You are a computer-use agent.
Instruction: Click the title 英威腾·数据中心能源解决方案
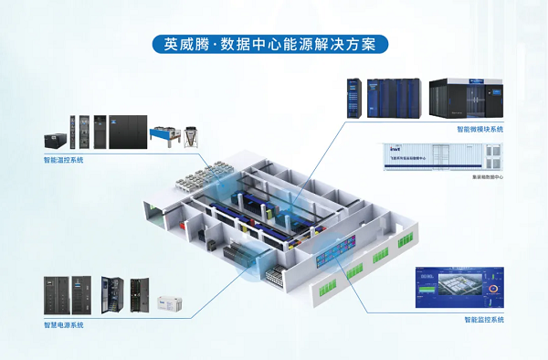pos(274,44)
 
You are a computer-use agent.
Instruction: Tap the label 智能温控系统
pos(63,160)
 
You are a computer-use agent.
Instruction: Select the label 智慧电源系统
pos(63,324)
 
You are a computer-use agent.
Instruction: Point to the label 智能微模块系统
pos(480,130)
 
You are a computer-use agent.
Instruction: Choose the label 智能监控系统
pos(483,319)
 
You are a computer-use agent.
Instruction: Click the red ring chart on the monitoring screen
pos(494,292)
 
